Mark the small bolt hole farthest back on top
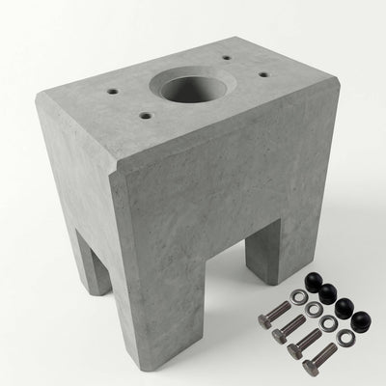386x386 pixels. pyautogui.click(x=225, y=58)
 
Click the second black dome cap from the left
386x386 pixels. pyautogui.click(x=330, y=294)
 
